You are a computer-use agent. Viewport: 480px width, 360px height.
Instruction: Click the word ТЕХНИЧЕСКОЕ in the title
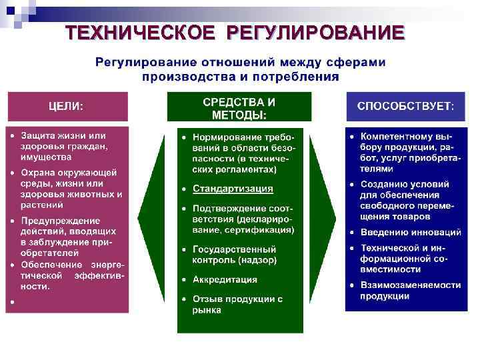coord(140,33)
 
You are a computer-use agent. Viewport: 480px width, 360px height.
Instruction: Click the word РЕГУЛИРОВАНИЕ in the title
coord(315,33)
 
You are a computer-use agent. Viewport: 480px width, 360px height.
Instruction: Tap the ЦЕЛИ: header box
coord(66,106)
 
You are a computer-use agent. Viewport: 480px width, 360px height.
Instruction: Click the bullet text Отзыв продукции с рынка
coord(237,304)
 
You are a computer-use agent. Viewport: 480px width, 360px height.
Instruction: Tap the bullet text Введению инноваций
coord(411,233)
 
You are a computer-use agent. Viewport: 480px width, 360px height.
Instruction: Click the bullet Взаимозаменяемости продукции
coord(410,290)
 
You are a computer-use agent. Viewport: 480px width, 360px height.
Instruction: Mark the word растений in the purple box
coord(42,205)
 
